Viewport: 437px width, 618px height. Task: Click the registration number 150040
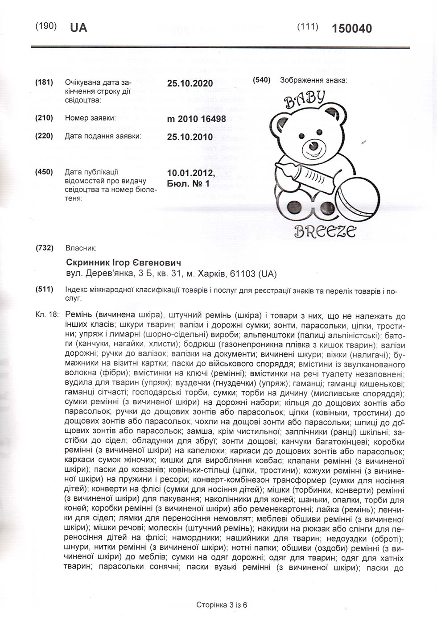coord(351,28)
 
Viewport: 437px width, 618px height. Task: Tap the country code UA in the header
coord(78,28)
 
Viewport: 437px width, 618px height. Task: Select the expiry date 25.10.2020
coord(190,83)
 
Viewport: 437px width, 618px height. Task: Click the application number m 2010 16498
coord(196,119)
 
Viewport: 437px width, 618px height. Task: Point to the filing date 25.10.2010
coord(190,137)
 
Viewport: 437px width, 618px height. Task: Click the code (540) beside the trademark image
coord(262,80)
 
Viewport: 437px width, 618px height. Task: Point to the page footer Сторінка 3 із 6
coord(222,605)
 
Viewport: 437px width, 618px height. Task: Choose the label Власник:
coord(81,248)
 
